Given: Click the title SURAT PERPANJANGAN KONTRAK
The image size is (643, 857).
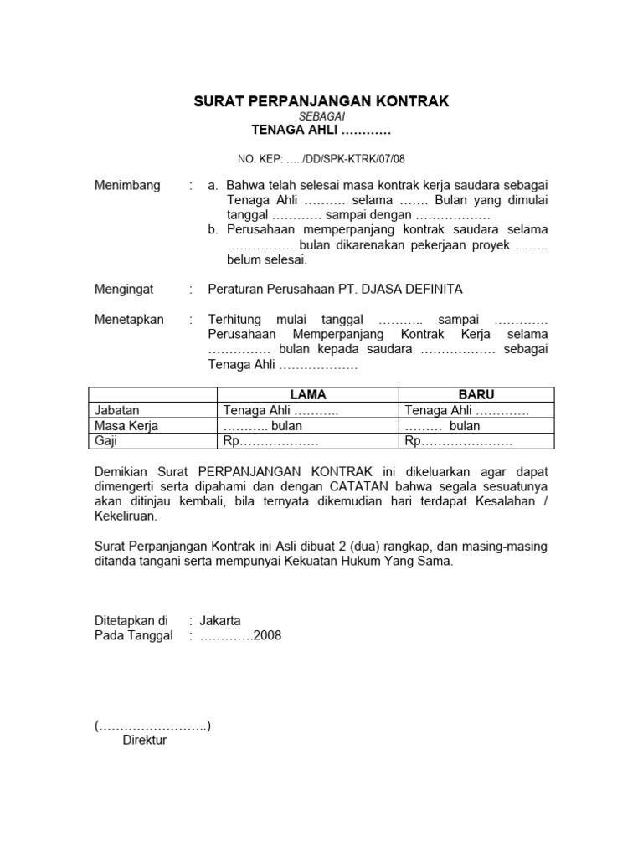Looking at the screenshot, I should [321, 101].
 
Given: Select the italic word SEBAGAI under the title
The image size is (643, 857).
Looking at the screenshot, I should [321, 117].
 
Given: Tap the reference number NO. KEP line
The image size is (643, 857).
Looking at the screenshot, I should [321, 157].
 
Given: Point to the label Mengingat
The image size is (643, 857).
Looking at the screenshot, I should [124, 289].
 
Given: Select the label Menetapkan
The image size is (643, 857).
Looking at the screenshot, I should [129, 320].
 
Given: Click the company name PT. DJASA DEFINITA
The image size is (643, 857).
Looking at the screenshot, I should [408, 289].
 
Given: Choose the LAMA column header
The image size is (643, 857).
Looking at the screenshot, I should [307, 394].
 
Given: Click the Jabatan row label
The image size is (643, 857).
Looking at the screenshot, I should [117, 410].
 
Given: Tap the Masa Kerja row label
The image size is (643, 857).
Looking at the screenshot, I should [126, 426].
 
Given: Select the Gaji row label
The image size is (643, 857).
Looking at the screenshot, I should [105, 441].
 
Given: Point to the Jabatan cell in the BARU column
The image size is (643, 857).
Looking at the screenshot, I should [466, 410].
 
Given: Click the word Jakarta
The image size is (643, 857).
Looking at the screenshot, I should [220, 620].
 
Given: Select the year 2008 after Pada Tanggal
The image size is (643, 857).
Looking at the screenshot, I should [268, 635].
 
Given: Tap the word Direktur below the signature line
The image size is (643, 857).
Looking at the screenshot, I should [145, 740].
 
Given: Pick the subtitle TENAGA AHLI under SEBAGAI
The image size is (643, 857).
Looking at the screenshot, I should [321, 131].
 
